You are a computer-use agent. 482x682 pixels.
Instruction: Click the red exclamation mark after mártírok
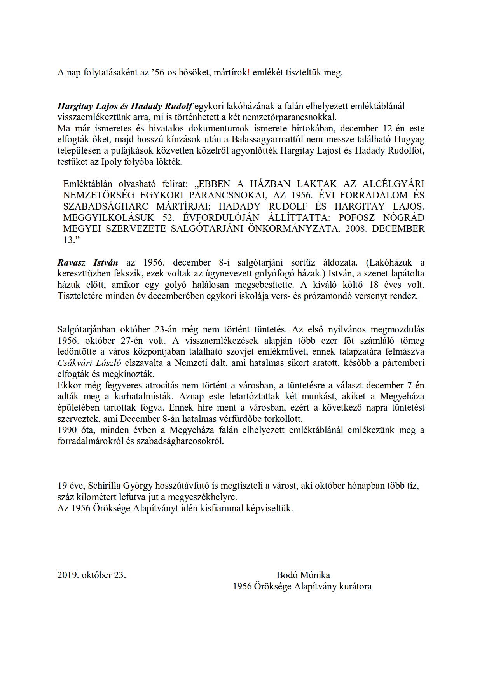point(249,73)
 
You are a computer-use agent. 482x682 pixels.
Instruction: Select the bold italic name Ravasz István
point(88,262)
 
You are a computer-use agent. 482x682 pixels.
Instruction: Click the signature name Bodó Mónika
point(303,575)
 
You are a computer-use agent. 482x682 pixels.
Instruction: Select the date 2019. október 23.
point(92,575)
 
